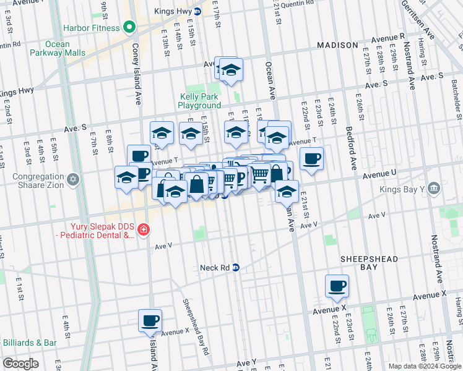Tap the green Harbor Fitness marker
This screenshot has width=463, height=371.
tap(129, 27)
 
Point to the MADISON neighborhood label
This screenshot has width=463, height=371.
tap(337, 45)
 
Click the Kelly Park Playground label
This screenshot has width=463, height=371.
tap(199, 101)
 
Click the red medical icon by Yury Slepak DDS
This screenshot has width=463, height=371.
tap(144, 230)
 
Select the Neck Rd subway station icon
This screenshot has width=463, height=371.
tap(235, 268)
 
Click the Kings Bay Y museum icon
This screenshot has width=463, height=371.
tap(433, 187)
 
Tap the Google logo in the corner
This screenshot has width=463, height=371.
tap(20, 364)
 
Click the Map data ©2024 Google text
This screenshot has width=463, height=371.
tap(425, 366)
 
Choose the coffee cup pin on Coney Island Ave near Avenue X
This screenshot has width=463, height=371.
tap(150, 320)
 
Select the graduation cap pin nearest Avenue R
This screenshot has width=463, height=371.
tap(231, 70)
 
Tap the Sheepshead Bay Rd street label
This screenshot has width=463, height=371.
tap(196, 327)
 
